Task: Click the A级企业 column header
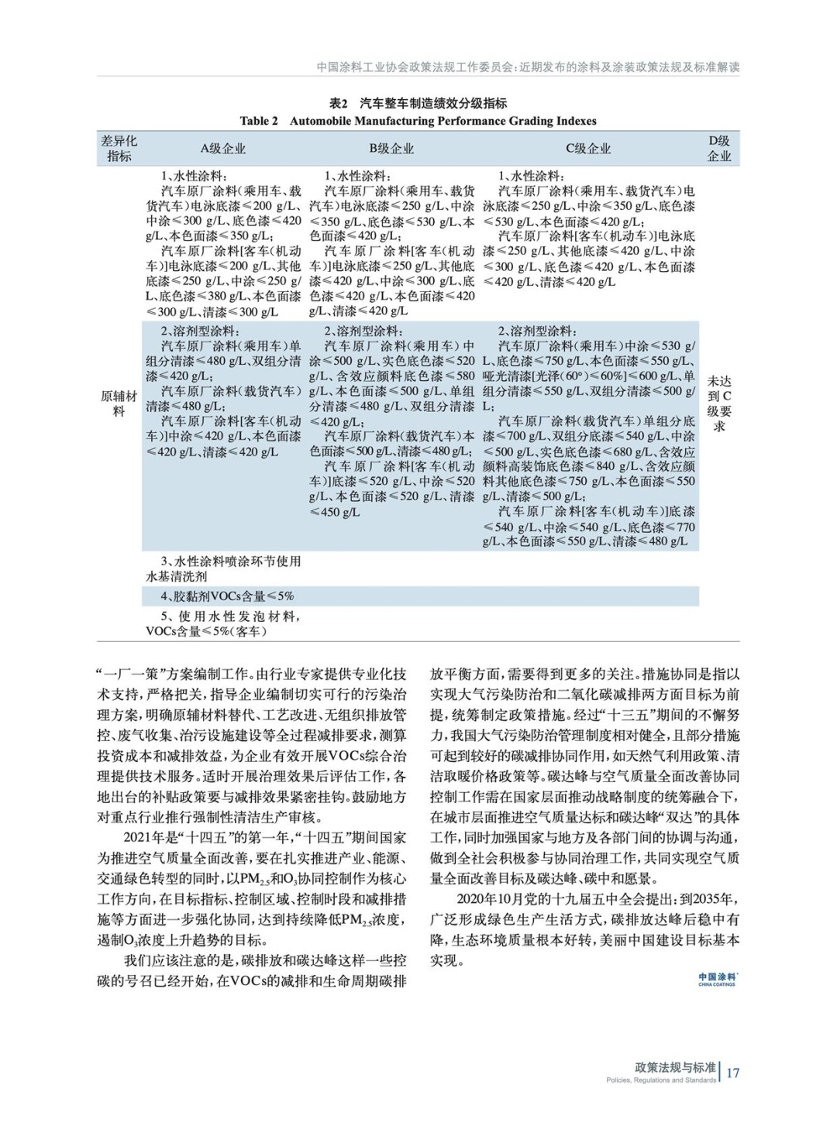[x=223, y=149]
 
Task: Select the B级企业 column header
[x=391, y=149]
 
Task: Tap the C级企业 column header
[x=588, y=149]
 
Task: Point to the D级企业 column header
[x=719, y=149]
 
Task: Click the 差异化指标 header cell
[x=119, y=149]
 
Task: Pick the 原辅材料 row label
[x=119, y=403]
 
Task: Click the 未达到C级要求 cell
[x=719, y=403]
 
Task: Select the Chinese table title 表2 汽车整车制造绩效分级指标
[x=418, y=103]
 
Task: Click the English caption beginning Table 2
[x=418, y=121]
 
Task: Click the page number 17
[x=732, y=1073]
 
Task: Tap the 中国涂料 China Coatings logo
[x=717, y=979]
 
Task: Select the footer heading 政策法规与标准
[x=675, y=1067]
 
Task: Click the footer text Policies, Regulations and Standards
[x=661, y=1080]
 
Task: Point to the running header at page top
[x=528, y=67]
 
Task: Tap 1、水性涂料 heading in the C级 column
[x=532, y=176]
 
